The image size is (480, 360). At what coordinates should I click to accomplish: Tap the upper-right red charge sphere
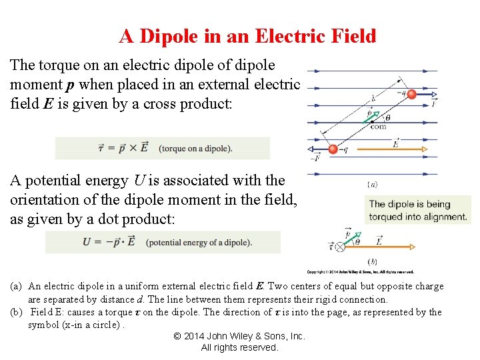point(411,94)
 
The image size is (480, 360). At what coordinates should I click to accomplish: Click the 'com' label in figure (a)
point(378,126)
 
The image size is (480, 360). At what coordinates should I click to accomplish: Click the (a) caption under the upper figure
point(373,184)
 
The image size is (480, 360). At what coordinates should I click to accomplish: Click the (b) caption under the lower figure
point(373,261)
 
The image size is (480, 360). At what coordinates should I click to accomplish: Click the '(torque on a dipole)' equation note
point(195,148)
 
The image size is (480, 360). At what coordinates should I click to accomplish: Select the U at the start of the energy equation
point(87,242)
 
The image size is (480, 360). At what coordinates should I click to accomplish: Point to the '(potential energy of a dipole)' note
point(199,242)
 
